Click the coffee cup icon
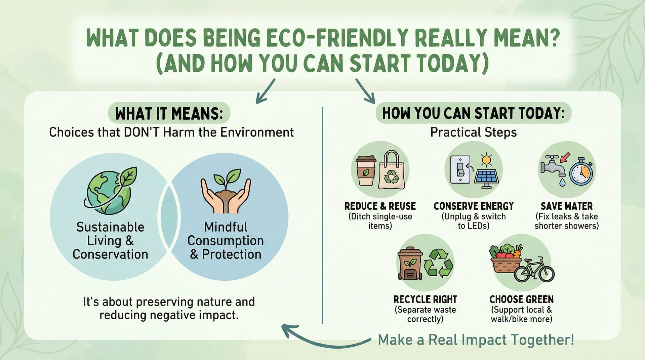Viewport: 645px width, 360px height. (x=366, y=171)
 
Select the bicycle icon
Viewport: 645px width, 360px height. (x=534, y=271)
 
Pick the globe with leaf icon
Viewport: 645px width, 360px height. (x=110, y=191)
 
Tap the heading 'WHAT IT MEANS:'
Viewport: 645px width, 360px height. (x=169, y=114)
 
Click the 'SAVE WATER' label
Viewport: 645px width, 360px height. (x=567, y=206)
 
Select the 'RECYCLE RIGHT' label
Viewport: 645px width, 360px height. (x=425, y=299)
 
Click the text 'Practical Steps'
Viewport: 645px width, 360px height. (x=474, y=132)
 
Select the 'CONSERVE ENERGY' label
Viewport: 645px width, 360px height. (x=474, y=206)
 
